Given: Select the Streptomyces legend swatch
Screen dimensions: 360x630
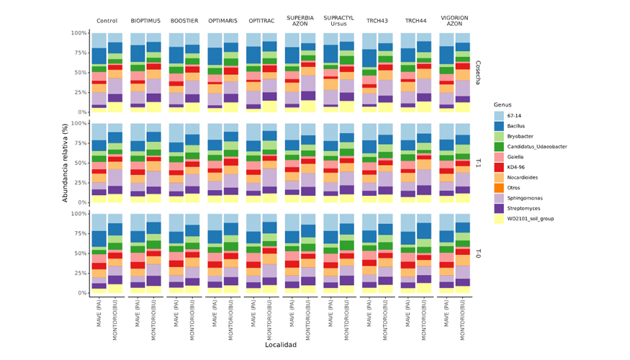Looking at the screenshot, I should [x=499, y=208].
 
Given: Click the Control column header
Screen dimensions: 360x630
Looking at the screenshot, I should [x=107, y=21].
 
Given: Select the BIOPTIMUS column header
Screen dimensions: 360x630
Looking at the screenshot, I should [x=145, y=21].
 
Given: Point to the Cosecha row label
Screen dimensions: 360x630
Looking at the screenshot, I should [x=478, y=73].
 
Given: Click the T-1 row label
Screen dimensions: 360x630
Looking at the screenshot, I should [x=478, y=163].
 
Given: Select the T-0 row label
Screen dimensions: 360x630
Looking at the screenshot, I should [x=478, y=253].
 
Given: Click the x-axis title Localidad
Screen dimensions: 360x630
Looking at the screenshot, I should [x=281, y=345].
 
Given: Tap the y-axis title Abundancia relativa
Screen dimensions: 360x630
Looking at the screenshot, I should [x=65, y=163].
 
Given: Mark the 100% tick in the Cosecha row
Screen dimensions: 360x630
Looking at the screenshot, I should [x=78, y=33].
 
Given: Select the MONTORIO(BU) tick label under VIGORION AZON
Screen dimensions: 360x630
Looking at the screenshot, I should [x=462, y=318].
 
